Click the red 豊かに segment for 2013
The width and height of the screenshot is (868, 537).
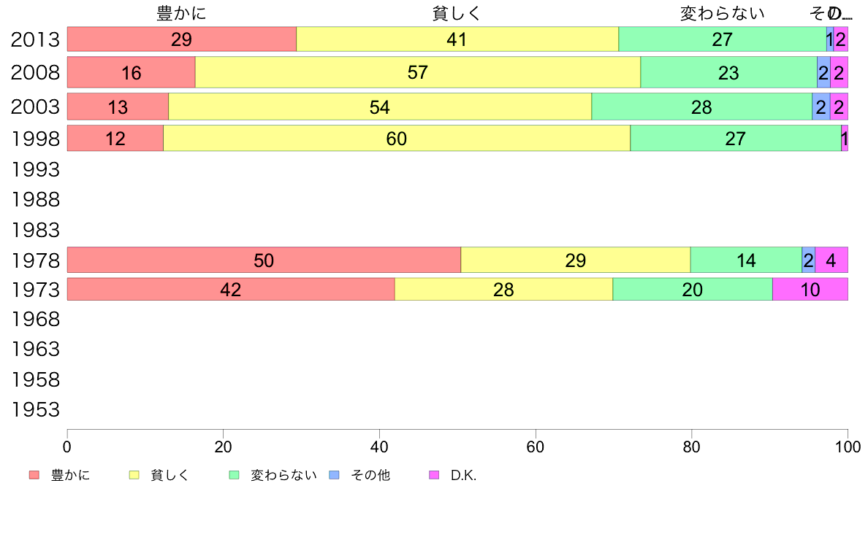click(x=181, y=39)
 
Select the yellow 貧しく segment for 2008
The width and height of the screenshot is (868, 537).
click(x=417, y=72)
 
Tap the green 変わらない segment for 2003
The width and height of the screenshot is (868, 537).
click(x=701, y=107)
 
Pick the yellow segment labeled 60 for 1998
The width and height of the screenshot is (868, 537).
click(x=396, y=138)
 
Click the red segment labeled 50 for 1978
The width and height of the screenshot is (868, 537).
click(x=264, y=260)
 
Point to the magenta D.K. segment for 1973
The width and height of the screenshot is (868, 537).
click(x=810, y=290)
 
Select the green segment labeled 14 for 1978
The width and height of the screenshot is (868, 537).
click(x=746, y=260)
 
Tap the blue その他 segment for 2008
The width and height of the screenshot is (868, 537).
click(x=823, y=72)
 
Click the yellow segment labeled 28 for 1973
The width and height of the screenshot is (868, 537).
click(x=503, y=290)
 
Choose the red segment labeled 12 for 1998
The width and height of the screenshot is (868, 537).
click(x=115, y=138)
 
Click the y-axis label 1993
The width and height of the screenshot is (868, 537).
click(x=35, y=169)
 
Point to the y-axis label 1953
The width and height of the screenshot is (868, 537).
click(x=35, y=409)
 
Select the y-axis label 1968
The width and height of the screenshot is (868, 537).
click(x=35, y=320)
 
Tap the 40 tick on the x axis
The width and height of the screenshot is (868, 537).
click(x=379, y=445)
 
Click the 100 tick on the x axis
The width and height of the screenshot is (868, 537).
click(x=848, y=445)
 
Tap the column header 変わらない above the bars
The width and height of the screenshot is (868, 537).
click(x=722, y=13)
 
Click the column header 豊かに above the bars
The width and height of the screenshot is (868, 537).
click(x=181, y=13)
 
